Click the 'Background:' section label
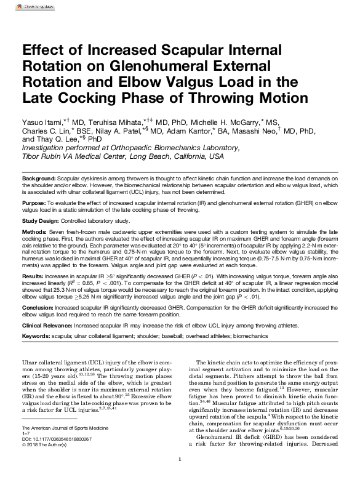pyautogui.click(x=39, y=177)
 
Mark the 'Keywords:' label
pyautogui.click(x=36, y=335)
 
